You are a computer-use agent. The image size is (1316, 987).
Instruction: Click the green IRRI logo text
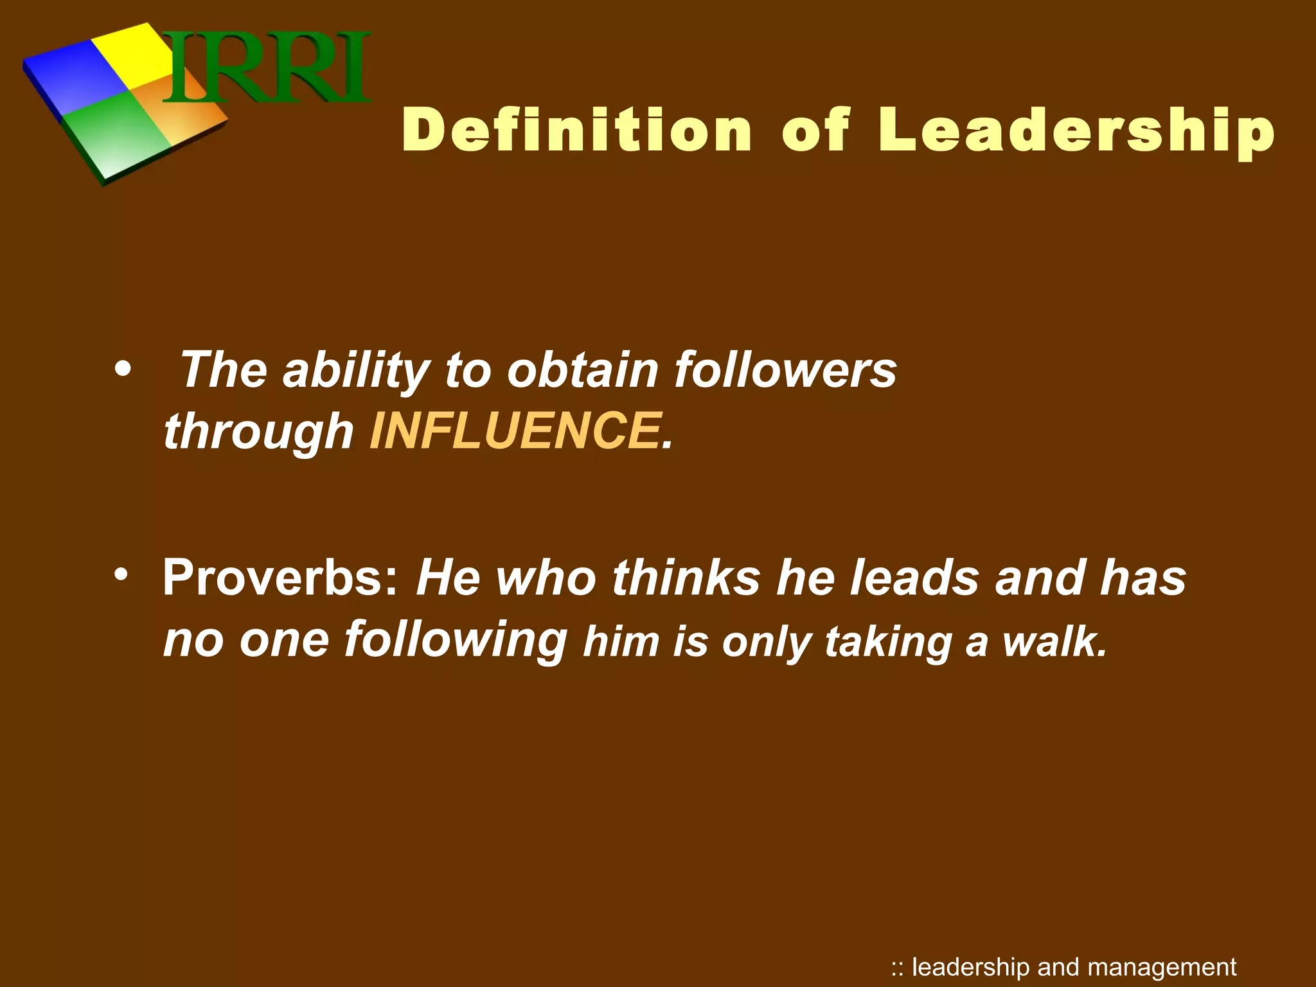click(267, 67)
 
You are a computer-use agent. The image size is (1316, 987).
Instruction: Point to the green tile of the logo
click(116, 138)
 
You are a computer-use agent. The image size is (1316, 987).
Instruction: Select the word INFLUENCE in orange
click(515, 430)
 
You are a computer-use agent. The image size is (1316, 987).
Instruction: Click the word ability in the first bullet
click(355, 371)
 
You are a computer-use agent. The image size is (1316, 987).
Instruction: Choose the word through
click(258, 431)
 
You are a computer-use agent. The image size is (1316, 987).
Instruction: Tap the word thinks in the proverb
click(686, 576)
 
